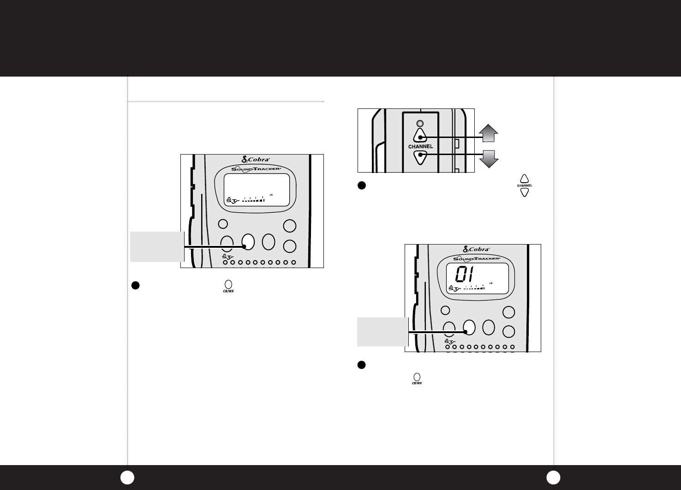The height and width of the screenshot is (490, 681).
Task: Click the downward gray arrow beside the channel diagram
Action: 489,158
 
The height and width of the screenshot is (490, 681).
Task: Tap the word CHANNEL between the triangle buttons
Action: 420,147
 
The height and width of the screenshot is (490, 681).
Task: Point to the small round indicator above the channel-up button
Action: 420,124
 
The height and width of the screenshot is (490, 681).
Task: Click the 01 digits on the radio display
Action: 467,275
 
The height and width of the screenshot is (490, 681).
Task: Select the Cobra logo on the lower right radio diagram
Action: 472,249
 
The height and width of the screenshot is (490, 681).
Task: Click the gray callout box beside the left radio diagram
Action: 157,246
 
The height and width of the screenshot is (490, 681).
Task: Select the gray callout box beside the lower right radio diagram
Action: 383,331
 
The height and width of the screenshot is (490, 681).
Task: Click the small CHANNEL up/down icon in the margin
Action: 524,185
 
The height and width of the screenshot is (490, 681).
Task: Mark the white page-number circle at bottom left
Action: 127,478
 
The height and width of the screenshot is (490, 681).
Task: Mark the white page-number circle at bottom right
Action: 553,478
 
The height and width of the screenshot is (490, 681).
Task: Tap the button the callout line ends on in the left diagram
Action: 248,242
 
